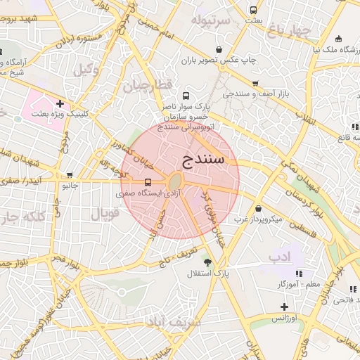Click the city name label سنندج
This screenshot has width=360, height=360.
(203, 159)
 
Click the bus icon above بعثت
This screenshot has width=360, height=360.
(254, 11)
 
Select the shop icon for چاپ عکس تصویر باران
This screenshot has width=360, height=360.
(219, 50)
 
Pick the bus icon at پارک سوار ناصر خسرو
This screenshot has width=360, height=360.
(186, 96)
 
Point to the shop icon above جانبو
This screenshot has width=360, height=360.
(69, 175)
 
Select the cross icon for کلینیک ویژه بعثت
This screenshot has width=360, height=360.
(60, 103)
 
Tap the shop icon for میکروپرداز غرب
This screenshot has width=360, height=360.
(259, 209)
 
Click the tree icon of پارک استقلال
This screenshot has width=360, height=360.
(206, 262)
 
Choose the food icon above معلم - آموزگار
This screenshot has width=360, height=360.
(299, 273)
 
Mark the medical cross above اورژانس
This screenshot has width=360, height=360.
(284, 307)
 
